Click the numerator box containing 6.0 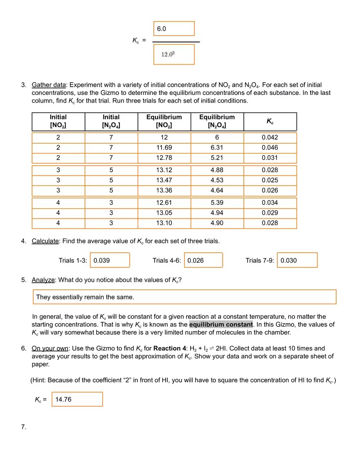click(174, 29)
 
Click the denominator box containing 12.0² click(174, 54)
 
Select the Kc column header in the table click(270, 122)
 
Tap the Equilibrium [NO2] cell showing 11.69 click(164, 148)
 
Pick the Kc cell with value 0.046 click(270, 148)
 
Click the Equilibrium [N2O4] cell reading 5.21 click(217, 158)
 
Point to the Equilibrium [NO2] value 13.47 click(164, 180)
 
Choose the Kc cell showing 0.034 click(270, 203)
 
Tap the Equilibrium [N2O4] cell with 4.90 click(217, 223)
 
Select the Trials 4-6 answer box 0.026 click(204, 260)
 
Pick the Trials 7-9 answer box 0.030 click(297, 260)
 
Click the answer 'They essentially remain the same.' click(184, 297)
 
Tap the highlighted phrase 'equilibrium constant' click(221, 324)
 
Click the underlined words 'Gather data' click(49, 85)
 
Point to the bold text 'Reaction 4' click(170, 349)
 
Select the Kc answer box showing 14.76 click(77, 399)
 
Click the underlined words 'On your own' click(50, 349)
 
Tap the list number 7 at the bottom click(23, 427)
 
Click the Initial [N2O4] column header click(111, 122)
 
